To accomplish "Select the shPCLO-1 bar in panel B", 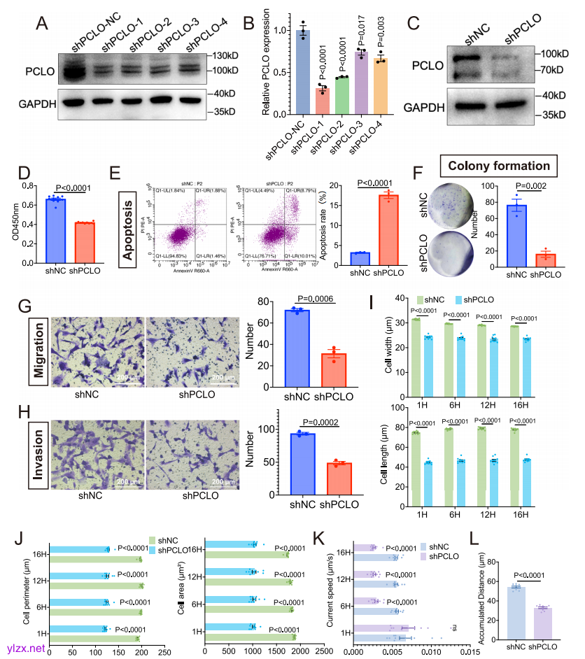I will [x=302, y=101].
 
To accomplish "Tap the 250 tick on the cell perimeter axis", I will [x=164, y=652].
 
